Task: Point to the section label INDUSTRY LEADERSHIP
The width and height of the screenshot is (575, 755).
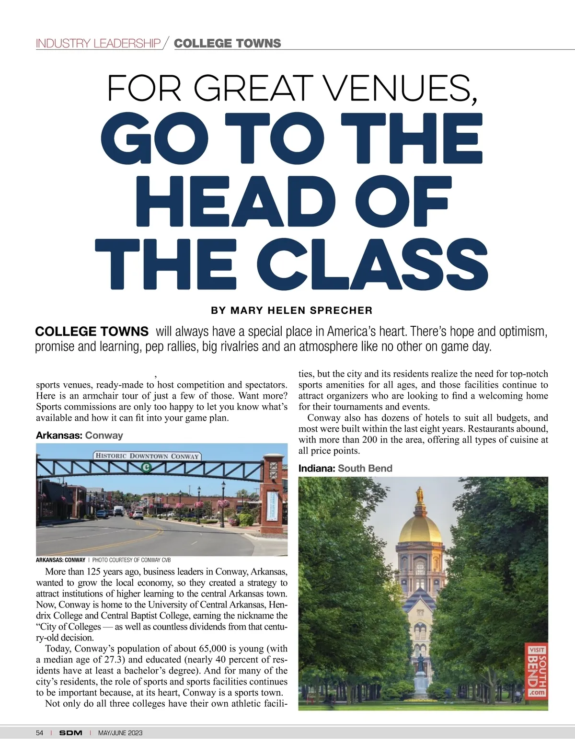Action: point(98,44)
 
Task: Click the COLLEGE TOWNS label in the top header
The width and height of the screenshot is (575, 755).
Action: point(227,44)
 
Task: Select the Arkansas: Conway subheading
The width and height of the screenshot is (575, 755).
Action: point(80,435)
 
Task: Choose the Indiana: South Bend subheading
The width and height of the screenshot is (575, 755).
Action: point(345,469)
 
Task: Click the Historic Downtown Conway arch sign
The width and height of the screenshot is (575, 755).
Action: point(147,456)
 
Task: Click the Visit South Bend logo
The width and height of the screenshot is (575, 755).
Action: point(537,670)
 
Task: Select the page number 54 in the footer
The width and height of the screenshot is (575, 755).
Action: point(39,733)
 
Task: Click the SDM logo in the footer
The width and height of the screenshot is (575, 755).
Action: point(70,733)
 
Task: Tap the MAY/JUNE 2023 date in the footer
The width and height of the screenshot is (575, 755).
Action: point(120,733)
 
